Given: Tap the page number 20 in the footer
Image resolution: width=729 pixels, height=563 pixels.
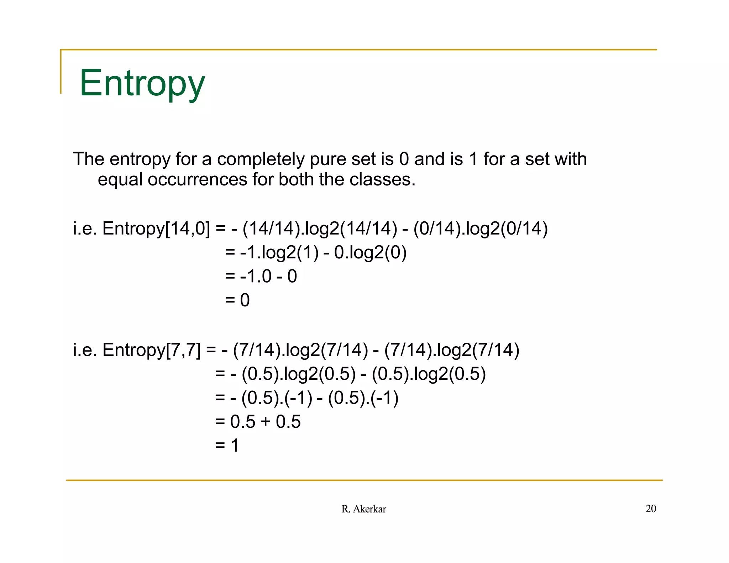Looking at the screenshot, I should (651, 509).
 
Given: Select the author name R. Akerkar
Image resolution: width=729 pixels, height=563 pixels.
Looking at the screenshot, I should (363, 509).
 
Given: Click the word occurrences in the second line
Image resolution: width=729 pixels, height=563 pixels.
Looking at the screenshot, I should (197, 179).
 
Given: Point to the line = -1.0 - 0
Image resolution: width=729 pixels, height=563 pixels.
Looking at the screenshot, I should (261, 276).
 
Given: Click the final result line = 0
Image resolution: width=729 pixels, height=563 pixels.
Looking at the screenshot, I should (237, 300).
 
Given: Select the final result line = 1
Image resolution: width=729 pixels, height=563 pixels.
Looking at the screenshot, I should (227, 445).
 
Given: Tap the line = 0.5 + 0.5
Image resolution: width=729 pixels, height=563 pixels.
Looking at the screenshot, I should (258, 421).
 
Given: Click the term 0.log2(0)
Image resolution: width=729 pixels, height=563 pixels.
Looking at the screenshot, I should (370, 252).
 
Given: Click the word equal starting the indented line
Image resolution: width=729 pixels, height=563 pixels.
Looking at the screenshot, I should (120, 179).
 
